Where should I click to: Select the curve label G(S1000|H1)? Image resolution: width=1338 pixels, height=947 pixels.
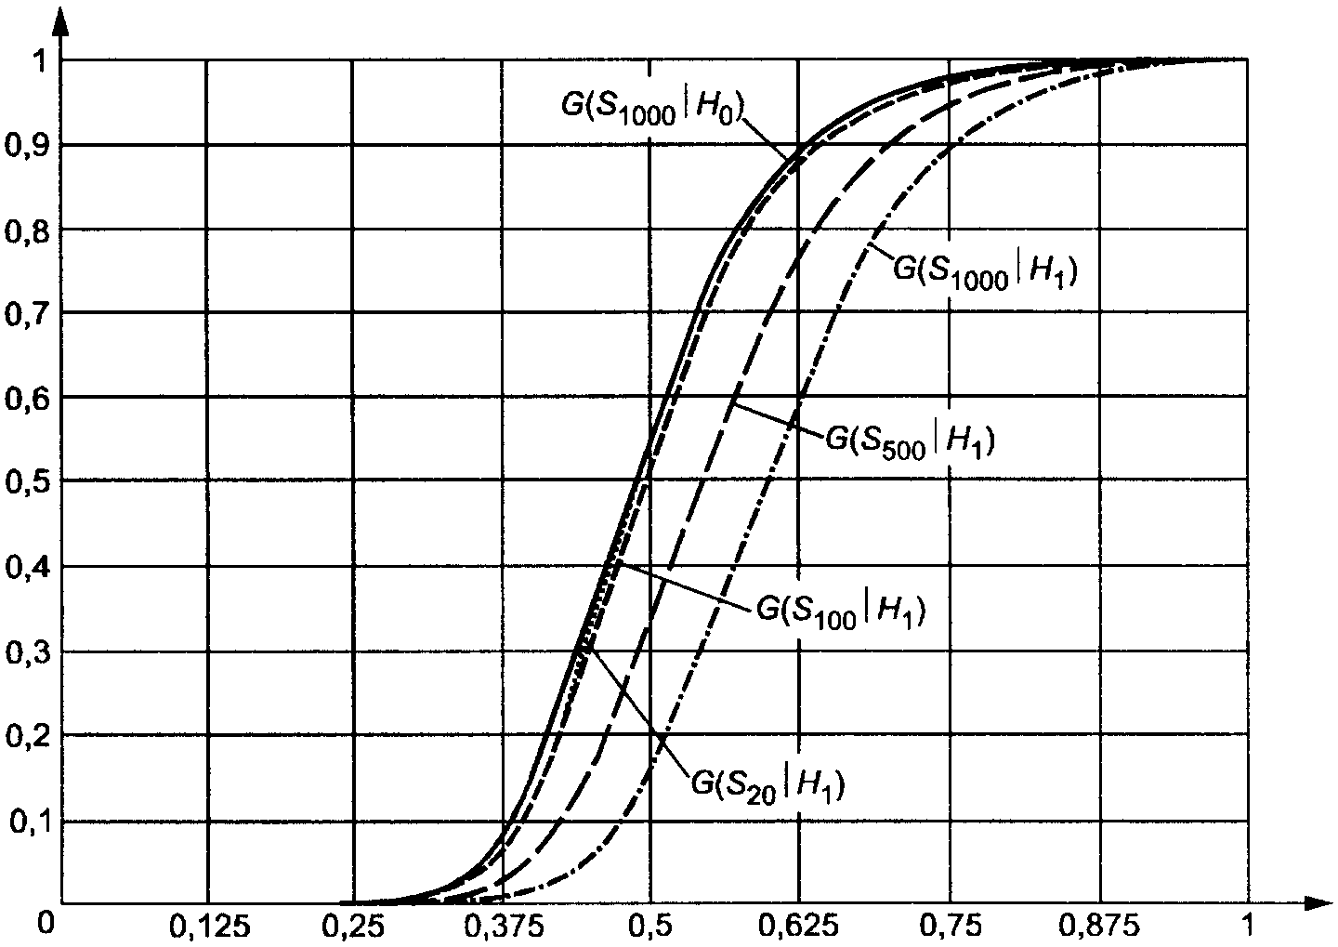click(x=985, y=270)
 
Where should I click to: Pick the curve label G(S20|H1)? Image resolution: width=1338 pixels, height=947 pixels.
click(x=767, y=783)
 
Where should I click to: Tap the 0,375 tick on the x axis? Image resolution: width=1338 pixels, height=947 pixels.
click(x=502, y=927)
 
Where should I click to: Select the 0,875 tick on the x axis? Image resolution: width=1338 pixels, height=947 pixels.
click(x=1100, y=927)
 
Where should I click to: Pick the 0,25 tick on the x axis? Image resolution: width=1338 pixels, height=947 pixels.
click(x=354, y=927)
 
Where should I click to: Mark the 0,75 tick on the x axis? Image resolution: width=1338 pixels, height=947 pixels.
click(x=950, y=927)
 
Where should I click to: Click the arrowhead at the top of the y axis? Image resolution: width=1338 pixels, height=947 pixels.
click(x=61, y=20)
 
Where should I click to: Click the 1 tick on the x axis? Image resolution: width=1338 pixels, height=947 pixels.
click(x=1247, y=927)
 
